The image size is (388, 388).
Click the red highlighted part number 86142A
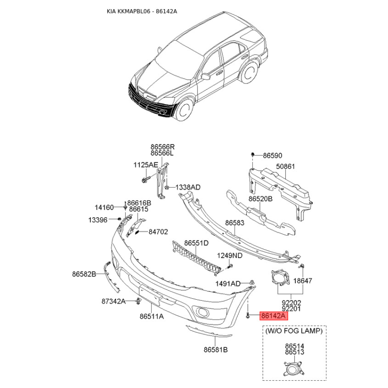pyautogui.click(x=274, y=316)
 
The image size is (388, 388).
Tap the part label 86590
pyautogui.click(x=273, y=156)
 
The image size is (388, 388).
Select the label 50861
pyautogui.click(x=286, y=166)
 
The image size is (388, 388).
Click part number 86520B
pyautogui.click(x=260, y=199)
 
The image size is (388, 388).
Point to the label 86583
pyautogui.click(x=235, y=223)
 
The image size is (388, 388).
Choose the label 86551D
pyautogui.click(x=196, y=243)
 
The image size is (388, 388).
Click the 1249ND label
pyautogui.click(x=229, y=256)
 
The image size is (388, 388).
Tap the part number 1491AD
pyautogui.click(x=228, y=284)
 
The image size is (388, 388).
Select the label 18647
pyautogui.click(x=303, y=281)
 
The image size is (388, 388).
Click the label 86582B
pyautogui.click(x=84, y=274)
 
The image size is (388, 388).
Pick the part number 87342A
pyautogui.click(x=113, y=301)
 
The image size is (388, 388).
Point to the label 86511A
pyautogui.click(x=152, y=316)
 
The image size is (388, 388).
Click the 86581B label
pyautogui.click(x=216, y=350)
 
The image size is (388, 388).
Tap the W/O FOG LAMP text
pyautogui.click(x=294, y=331)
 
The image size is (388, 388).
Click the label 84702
pyautogui.click(x=158, y=232)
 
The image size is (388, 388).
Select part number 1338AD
pyautogui.click(x=188, y=187)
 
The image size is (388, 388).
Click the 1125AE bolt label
pyautogui.click(x=145, y=165)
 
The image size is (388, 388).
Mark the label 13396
pyautogui.click(x=98, y=220)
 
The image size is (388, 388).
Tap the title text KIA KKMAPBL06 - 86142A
pyautogui.click(x=142, y=11)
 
